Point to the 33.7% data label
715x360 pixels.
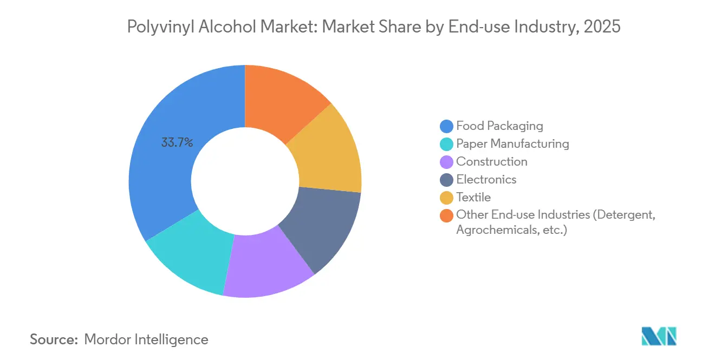click(x=177, y=143)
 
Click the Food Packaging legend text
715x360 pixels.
click(x=499, y=126)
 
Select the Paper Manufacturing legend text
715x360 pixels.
click(x=512, y=144)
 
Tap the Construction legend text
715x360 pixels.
click(x=491, y=162)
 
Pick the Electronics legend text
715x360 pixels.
click(x=486, y=180)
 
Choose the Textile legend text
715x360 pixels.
click(x=473, y=198)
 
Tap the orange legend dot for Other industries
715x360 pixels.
click(x=447, y=215)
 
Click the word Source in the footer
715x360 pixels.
click(x=53, y=339)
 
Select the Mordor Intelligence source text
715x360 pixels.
click(x=146, y=339)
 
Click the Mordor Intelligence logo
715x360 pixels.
click(x=659, y=336)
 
